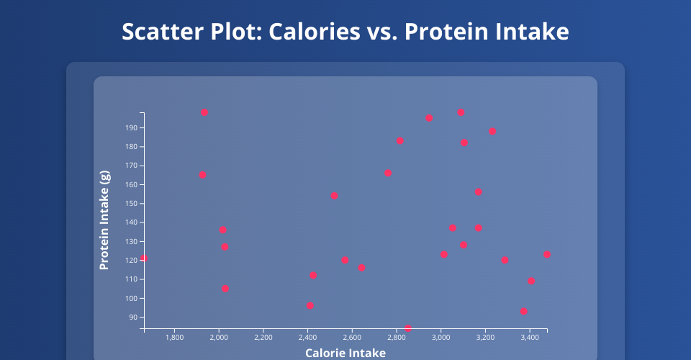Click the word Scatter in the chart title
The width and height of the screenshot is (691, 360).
pyautogui.click(x=156, y=32)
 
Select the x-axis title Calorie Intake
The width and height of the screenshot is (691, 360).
pyautogui.click(x=345, y=353)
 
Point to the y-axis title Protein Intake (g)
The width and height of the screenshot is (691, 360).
pyautogui.click(x=104, y=220)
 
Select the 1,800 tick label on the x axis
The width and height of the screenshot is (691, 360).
pyautogui.click(x=174, y=337)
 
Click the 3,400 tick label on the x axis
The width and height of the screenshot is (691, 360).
pyautogui.click(x=530, y=337)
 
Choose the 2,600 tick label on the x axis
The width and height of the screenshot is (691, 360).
pyautogui.click(x=352, y=337)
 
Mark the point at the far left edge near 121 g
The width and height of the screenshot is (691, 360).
pyautogui.click(x=144, y=258)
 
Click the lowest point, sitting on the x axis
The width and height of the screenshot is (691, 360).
pyautogui.click(x=408, y=328)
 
